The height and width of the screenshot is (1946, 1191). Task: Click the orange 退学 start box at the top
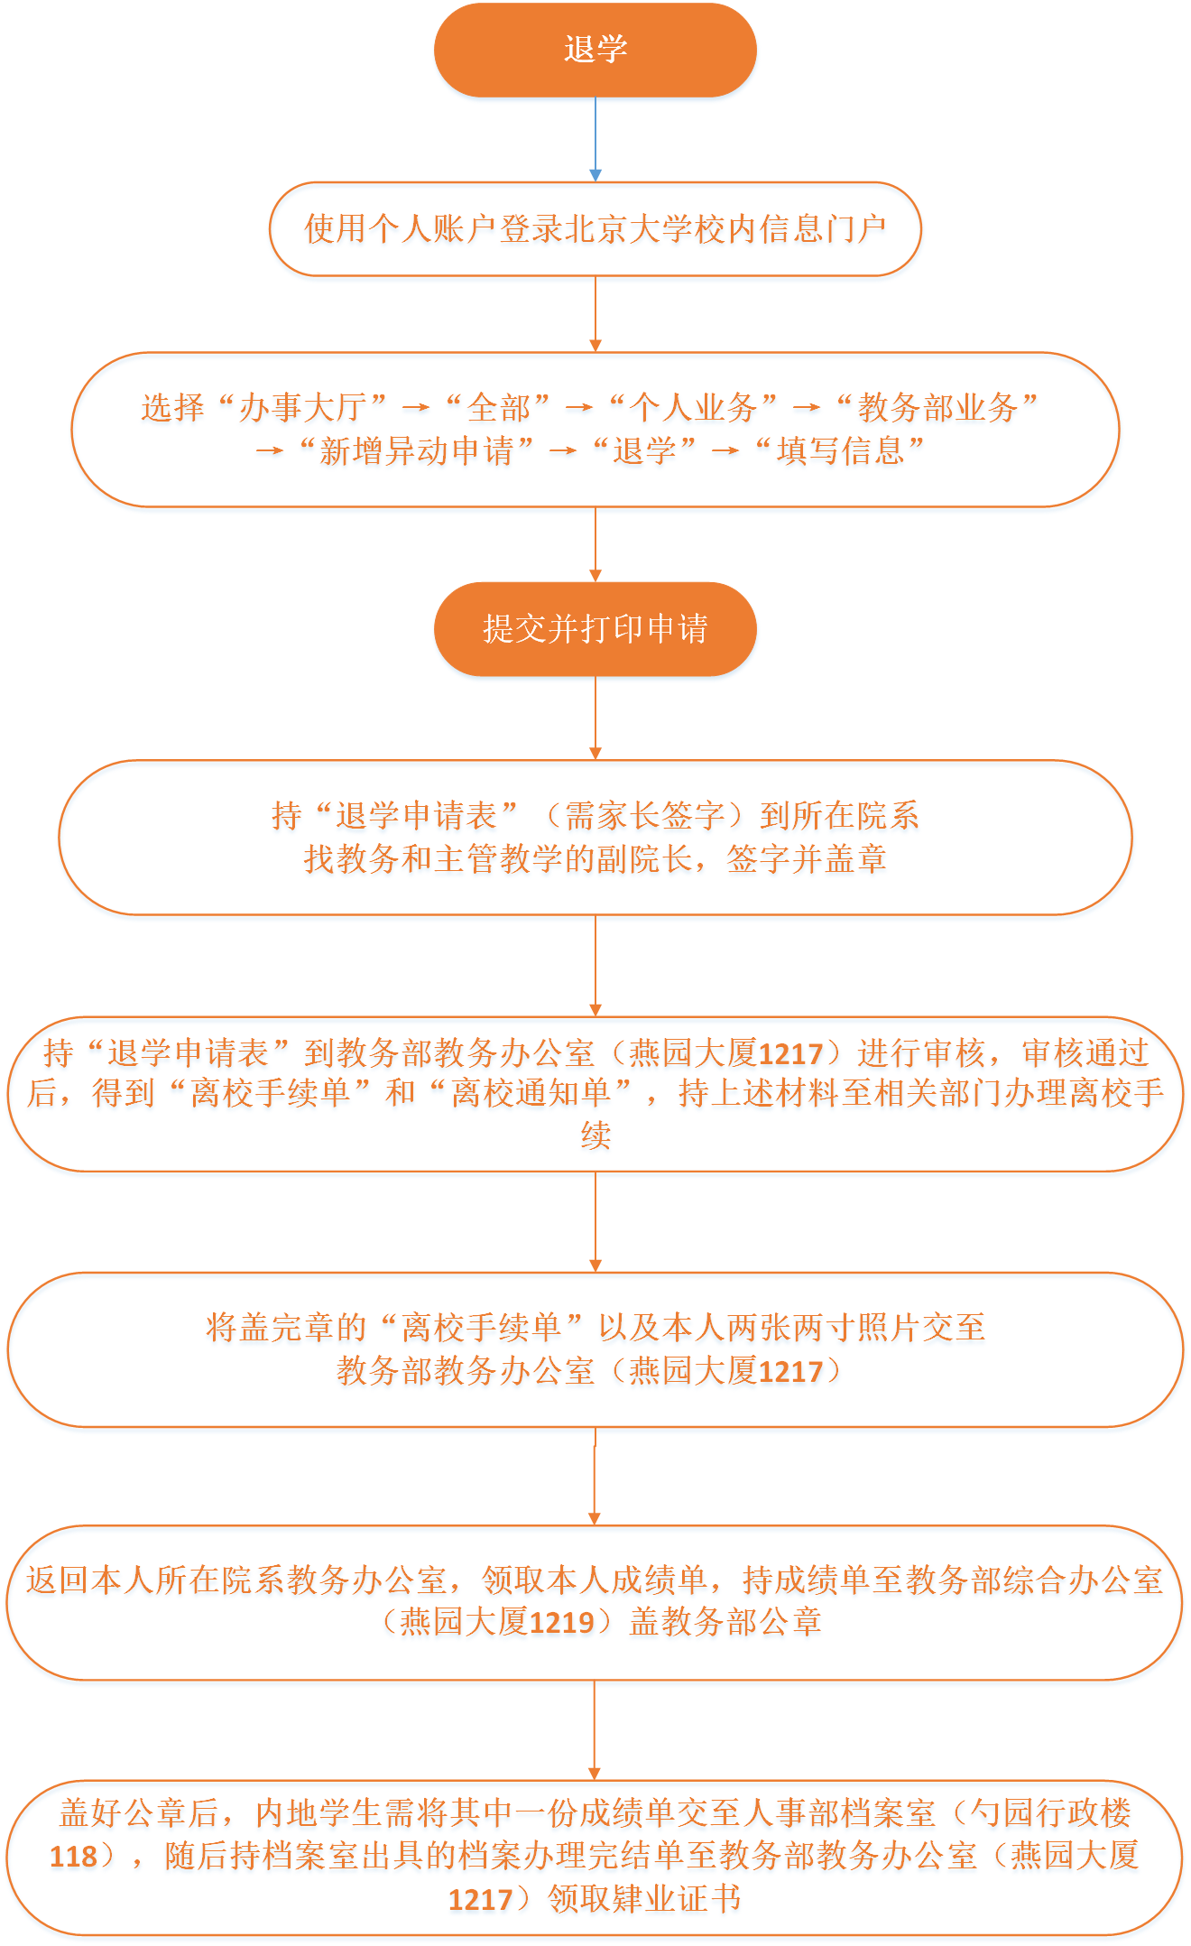pyautogui.click(x=595, y=50)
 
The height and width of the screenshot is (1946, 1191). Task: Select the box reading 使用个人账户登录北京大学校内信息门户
pyautogui.click(x=595, y=229)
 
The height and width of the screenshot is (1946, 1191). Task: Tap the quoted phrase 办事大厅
pyautogui.click(x=303, y=408)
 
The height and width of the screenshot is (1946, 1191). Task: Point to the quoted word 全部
pyautogui.click(x=499, y=408)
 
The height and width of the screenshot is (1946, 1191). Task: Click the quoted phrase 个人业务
pyautogui.click(x=693, y=408)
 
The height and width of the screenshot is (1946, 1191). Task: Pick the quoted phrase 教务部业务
pyautogui.click(x=937, y=408)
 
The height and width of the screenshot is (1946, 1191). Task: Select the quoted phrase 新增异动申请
pyautogui.click(x=416, y=450)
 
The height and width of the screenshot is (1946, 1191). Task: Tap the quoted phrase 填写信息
pyautogui.click(x=840, y=450)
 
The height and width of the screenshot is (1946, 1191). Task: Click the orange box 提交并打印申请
pyautogui.click(x=595, y=629)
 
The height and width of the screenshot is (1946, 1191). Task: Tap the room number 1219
pyautogui.click(x=560, y=1623)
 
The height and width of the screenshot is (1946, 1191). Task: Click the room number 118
pyautogui.click(x=73, y=1856)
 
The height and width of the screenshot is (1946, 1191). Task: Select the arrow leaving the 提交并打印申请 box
pyautogui.click(x=595, y=718)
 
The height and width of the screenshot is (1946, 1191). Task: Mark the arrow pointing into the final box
pyautogui.click(x=595, y=1730)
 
